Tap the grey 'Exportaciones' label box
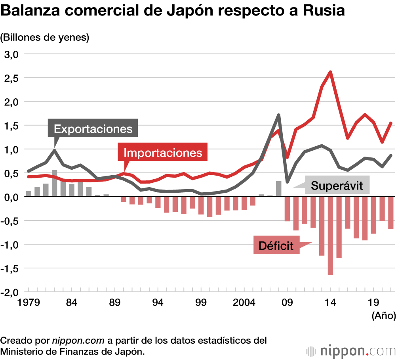click(x=93, y=129)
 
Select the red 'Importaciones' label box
click(x=163, y=153)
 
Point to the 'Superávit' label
click(x=337, y=186)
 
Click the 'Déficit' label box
click(x=276, y=246)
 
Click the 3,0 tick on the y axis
click(x=11, y=54)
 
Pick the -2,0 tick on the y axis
click(x=11, y=292)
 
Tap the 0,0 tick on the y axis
click(x=11, y=197)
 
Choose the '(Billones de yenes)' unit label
click(x=45, y=38)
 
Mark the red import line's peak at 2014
click(x=330, y=72)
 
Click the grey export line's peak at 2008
click(x=279, y=115)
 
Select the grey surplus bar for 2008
click(x=279, y=189)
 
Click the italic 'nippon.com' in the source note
click(x=78, y=341)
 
